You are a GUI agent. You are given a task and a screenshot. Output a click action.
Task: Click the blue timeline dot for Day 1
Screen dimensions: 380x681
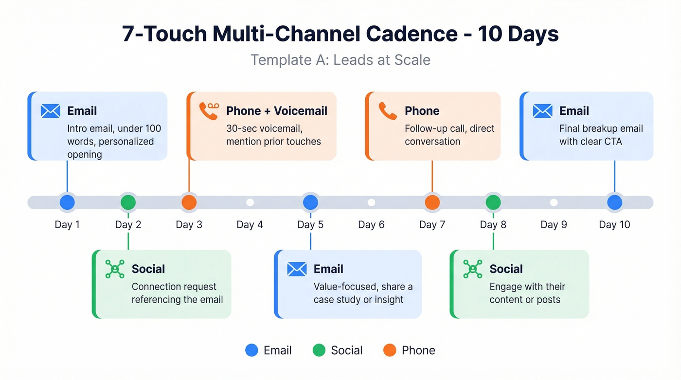click(x=67, y=202)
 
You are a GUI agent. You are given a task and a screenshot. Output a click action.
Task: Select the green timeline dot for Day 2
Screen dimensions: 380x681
click(x=128, y=202)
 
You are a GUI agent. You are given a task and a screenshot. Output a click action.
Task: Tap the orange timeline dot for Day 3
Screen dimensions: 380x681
click(x=189, y=202)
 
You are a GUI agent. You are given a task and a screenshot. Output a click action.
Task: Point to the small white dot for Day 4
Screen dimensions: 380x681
click(x=250, y=202)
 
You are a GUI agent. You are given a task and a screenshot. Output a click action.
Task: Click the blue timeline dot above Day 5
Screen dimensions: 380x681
click(x=310, y=202)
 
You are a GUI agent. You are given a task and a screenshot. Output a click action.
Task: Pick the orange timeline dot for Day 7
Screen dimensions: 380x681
click(x=432, y=202)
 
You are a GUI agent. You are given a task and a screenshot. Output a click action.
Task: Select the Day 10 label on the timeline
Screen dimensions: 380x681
click(x=614, y=225)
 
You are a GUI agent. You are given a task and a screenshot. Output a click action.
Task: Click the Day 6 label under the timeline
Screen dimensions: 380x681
click(x=371, y=225)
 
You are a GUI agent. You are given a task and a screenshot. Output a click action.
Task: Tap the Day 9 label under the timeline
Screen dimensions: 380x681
click(x=554, y=225)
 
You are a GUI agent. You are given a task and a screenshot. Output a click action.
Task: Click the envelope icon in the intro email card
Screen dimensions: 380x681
click(x=51, y=111)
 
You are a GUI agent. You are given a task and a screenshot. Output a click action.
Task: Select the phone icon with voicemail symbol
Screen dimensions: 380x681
click(x=209, y=110)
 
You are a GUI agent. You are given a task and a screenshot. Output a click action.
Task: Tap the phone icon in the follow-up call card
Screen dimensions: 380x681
click(x=388, y=111)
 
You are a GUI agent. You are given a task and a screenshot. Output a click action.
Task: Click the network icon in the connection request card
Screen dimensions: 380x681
click(x=115, y=269)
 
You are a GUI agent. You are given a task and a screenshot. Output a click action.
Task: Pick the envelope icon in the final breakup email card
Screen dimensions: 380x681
click(x=542, y=111)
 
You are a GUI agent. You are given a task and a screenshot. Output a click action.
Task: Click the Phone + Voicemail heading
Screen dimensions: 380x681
click(x=276, y=111)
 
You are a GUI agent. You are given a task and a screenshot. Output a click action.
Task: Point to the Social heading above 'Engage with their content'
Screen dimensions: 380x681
click(x=506, y=269)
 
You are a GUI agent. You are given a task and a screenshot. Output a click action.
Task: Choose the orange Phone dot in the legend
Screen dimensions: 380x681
click(x=390, y=350)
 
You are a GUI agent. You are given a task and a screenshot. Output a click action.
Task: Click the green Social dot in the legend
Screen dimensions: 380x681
click(x=319, y=350)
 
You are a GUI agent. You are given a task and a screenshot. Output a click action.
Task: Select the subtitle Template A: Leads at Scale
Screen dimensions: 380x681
click(x=340, y=60)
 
